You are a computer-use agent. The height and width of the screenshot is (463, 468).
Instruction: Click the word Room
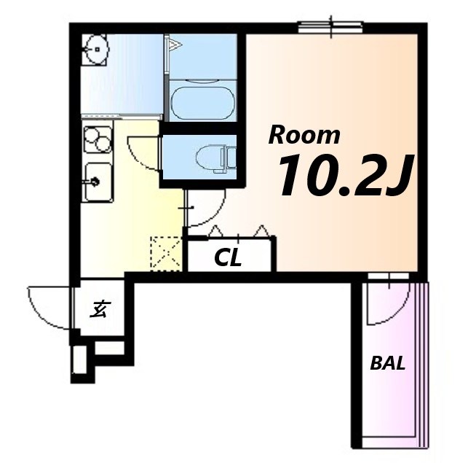304,136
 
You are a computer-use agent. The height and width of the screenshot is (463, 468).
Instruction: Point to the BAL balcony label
388,363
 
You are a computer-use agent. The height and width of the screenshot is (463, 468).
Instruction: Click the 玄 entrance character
100,309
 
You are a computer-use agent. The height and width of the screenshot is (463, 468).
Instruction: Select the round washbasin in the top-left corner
96,49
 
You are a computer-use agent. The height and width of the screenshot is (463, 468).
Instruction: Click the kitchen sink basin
98,182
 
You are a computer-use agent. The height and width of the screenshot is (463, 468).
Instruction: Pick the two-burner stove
98,140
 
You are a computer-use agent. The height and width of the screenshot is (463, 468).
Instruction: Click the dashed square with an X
167,254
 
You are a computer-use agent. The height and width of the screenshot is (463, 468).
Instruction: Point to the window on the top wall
331,26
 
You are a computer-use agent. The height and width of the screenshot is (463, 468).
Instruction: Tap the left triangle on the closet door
215,231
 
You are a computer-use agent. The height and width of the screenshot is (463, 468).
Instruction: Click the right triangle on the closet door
262,230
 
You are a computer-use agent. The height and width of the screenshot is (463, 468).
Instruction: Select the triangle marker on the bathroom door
175,45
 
